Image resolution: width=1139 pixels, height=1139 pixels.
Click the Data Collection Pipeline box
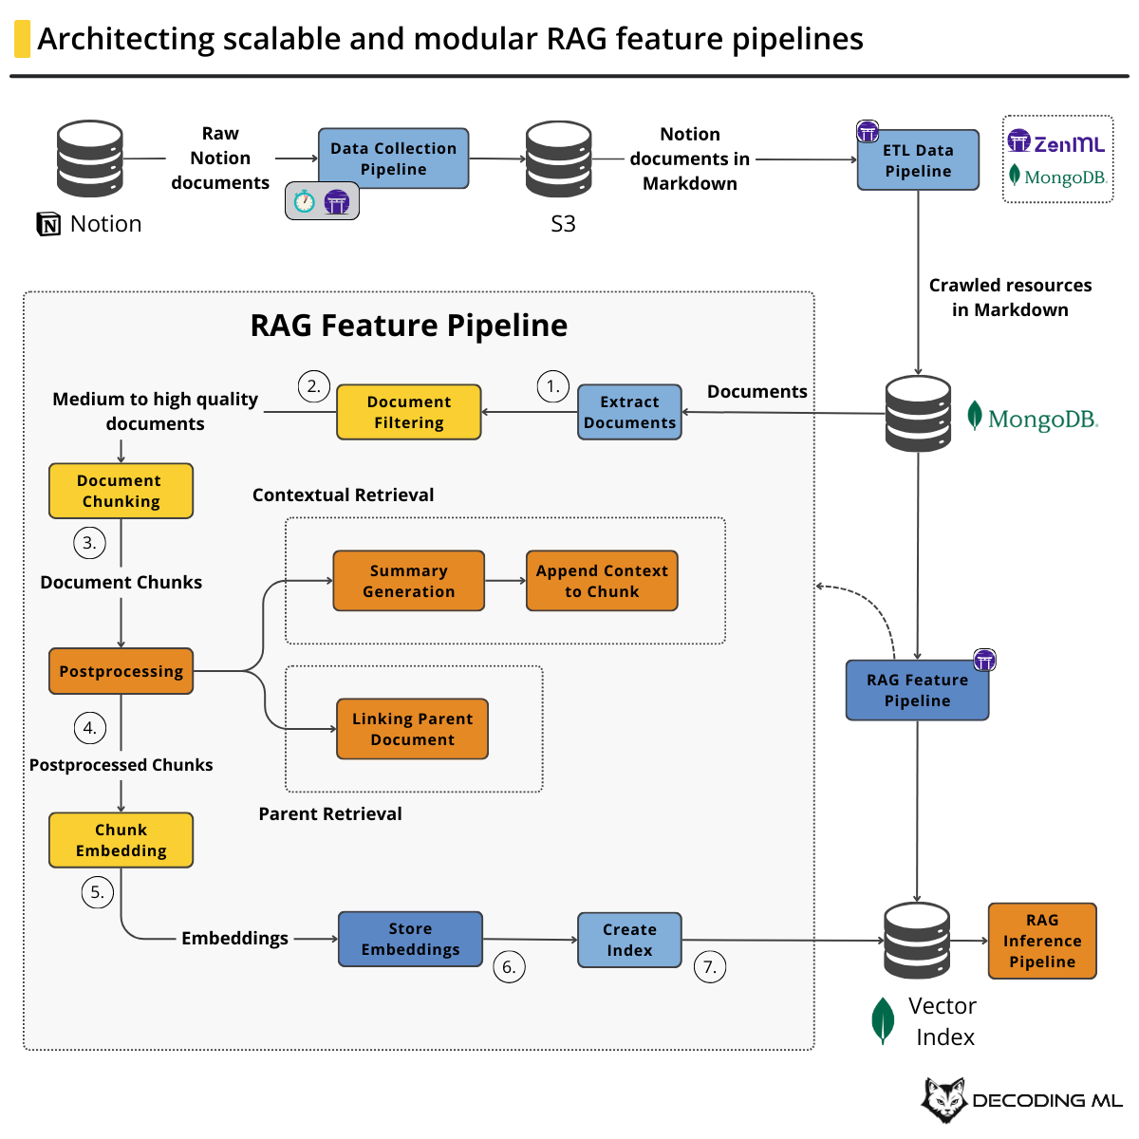point(393,159)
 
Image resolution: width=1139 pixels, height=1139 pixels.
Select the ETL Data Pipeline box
point(918,160)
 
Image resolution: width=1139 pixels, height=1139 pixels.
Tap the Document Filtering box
point(408,412)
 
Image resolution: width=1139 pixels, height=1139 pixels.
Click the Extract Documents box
point(629,412)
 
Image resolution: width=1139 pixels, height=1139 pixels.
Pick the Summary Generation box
point(408,581)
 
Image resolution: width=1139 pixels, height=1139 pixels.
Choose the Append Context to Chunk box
point(602,581)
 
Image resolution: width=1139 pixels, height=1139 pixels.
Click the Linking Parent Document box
point(412,729)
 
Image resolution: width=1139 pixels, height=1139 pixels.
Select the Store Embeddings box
point(410,939)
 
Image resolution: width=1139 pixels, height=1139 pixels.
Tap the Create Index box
point(629,940)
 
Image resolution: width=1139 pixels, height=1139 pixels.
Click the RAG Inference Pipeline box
point(1042,941)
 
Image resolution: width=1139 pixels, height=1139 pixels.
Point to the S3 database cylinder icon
point(559,159)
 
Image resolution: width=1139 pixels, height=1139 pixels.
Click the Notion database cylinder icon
point(90,159)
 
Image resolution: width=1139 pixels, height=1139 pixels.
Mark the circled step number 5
point(97,892)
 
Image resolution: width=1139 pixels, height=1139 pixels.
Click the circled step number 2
point(313,386)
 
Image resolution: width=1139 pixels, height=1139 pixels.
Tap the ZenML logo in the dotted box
point(1056,143)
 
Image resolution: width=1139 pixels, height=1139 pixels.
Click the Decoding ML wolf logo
point(943,1100)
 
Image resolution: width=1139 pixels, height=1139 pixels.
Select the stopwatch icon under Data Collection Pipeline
point(304,201)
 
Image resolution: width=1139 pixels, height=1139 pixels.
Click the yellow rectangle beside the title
point(22,39)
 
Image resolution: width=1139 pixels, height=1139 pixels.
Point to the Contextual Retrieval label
point(343,495)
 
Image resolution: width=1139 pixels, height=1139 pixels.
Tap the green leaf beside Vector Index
point(883,1020)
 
